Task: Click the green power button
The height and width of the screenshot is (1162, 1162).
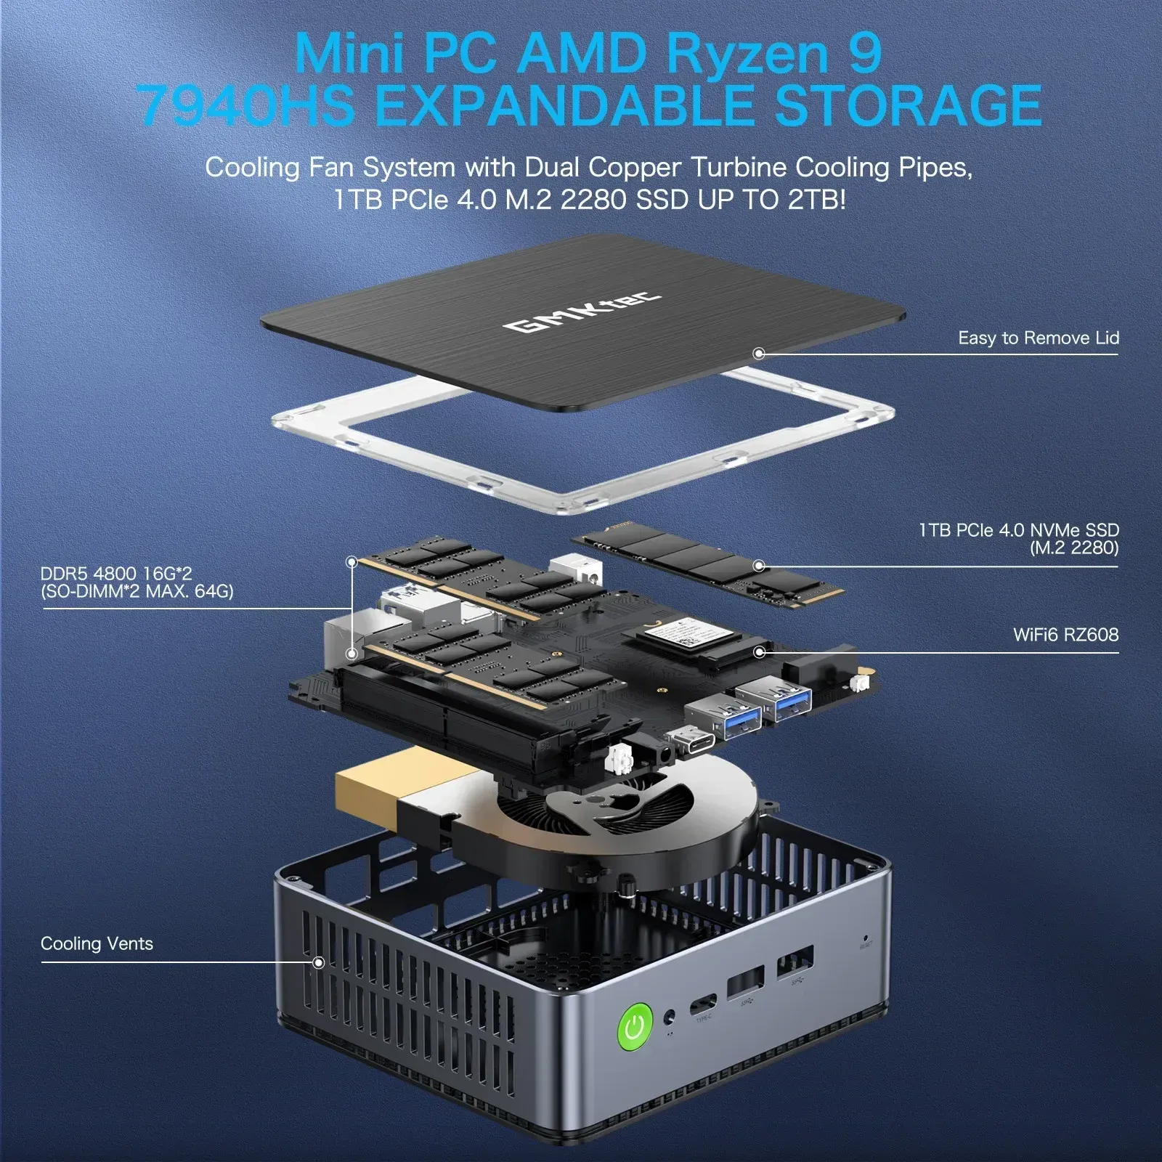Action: (635, 1026)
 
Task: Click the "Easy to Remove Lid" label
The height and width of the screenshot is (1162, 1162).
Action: (1038, 338)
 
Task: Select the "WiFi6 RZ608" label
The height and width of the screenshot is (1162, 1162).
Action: (1065, 635)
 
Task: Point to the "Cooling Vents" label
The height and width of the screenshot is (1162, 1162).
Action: (97, 943)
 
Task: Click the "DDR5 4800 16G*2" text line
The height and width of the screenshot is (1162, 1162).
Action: (116, 574)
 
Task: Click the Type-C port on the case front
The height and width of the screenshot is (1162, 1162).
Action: (702, 1005)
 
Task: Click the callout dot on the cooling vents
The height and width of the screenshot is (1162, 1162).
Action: (318, 962)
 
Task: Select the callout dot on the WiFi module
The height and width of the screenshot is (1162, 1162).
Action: (759, 651)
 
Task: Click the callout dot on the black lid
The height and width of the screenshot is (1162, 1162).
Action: (759, 354)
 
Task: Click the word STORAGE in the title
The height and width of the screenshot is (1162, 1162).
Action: (908, 105)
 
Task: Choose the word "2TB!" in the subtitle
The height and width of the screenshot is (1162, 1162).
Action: (816, 199)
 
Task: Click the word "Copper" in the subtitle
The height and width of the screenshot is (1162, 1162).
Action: (635, 167)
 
